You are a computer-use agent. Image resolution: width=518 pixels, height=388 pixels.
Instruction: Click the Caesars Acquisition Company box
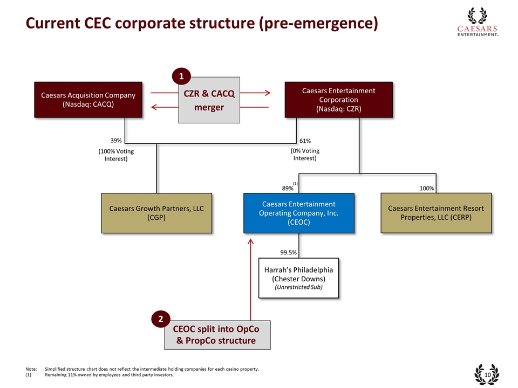point(88,100)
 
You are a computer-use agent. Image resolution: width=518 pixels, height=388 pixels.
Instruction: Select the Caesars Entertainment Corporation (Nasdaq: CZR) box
point(338,100)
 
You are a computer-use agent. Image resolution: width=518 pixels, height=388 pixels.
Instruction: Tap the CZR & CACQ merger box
point(209,100)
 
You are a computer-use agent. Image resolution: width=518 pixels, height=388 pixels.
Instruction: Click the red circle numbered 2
point(160,320)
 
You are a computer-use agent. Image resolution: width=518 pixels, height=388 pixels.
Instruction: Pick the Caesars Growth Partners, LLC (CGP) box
point(156,213)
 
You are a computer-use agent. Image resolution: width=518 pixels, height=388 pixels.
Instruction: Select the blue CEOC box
point(298,213)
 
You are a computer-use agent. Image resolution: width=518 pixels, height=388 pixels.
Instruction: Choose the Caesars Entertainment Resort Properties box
point(436,213)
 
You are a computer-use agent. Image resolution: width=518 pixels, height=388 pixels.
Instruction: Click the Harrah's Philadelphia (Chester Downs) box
point(298,278)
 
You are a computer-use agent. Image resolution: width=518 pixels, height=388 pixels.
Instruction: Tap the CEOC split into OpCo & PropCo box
point(217,335)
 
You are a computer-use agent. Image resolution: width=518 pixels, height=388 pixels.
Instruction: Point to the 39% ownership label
point(117,141)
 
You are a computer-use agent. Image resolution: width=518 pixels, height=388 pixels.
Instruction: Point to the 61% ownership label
point(304,141)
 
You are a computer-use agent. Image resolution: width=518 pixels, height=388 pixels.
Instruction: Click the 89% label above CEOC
point(288,189)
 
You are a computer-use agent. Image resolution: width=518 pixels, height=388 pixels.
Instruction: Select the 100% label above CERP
point(426,189)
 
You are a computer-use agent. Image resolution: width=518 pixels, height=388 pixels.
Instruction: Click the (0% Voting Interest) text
point(305,155)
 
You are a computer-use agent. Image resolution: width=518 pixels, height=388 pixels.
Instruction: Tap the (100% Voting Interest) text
point(116,155)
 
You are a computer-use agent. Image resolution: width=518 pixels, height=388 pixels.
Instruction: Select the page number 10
point(487,375)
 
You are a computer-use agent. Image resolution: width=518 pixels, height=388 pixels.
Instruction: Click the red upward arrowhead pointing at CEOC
point(251,242)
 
